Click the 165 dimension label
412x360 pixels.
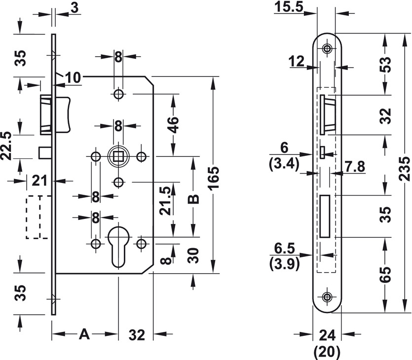click(213, 178)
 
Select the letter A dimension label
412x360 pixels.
click(84, 334)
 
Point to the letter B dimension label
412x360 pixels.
click(193, 200)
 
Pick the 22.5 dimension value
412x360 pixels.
click(6, 146)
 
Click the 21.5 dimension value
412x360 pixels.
click(166, 201)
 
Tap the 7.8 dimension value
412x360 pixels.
click(355, 167)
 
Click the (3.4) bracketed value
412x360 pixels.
click(284, 165)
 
